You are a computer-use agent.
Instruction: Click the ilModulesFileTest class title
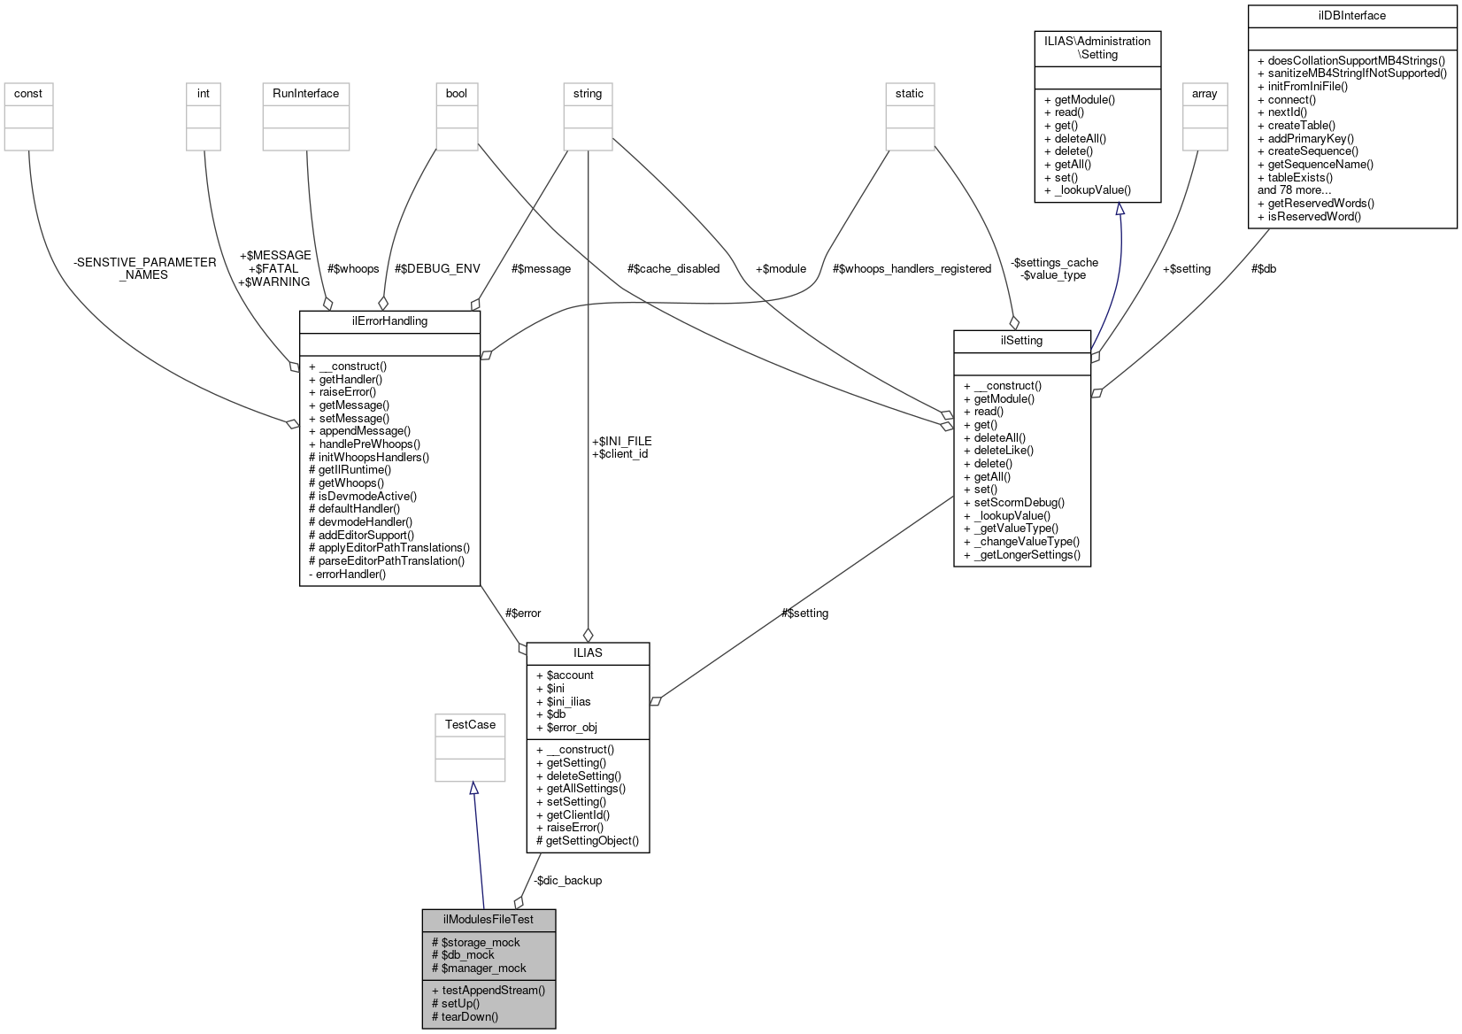click(x=489, y=919)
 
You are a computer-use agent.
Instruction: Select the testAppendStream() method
click(x=493, y=990)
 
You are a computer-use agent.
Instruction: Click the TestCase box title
click(x=470, y=724)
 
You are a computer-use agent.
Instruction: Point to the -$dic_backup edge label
click(x=567, y=880)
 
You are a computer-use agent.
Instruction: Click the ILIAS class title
click(x=588, y=652)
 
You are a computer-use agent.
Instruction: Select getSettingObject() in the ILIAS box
click(x=591, y=840)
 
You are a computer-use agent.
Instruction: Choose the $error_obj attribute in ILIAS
click(x=572, y=727)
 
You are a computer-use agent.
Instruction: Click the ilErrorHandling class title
click(x=389, y=320)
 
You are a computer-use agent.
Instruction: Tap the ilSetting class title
click(x=1021, y=340)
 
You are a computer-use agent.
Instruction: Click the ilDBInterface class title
click(x=1351, y=15)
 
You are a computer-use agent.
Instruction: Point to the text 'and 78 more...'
click(x=1294, y=189)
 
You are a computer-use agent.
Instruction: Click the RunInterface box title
click(x=305, y=93)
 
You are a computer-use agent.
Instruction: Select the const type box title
click(x=28, y=93)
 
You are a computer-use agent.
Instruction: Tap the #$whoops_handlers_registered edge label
click(x=912, y=268)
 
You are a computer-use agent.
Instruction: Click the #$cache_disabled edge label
click(x=673, y=268)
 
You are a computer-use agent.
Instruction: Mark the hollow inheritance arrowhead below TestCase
click(x=473, y=788)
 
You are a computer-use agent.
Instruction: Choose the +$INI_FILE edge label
click(x=621, y=441)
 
